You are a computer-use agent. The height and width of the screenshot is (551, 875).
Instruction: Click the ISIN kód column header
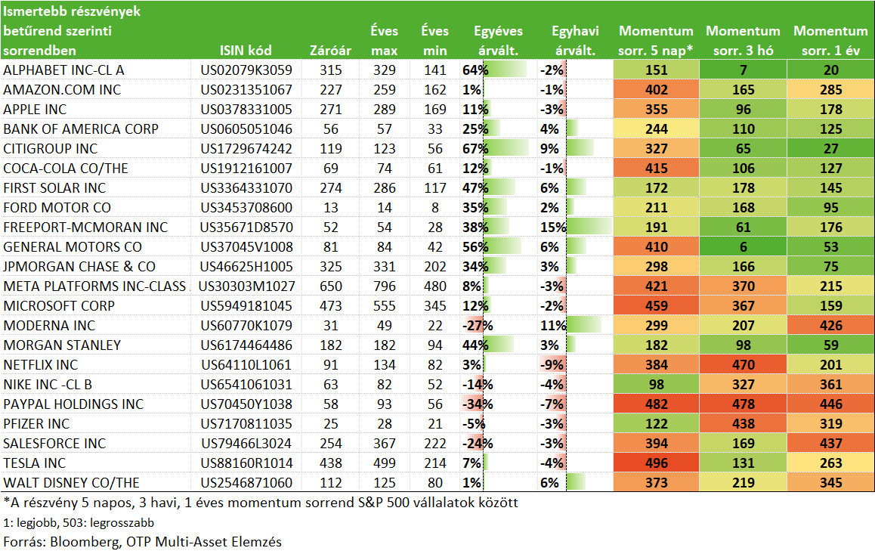click(246, 51)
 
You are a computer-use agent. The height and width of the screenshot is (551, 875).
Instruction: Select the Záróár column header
click(330, 51)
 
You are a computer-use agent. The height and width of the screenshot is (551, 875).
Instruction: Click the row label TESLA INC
click(35, 463)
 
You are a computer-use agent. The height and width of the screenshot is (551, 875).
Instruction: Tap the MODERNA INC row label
click(49, 326)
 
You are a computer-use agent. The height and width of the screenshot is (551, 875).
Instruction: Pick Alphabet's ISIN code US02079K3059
click(246, 70)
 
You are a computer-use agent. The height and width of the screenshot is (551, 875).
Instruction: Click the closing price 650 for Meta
click(331, 286)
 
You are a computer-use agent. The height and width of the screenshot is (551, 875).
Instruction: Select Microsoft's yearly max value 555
click(385, 306)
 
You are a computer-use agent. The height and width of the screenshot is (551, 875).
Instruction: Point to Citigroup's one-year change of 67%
click(475, 149)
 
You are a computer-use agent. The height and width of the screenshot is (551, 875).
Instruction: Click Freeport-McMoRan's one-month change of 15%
click(553, 228)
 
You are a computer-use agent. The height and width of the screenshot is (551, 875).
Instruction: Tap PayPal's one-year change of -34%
click(477, 404)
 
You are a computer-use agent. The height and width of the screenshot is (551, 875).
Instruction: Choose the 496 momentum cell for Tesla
click(656, 463)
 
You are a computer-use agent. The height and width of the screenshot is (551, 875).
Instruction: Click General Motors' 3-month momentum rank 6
click(744, 247)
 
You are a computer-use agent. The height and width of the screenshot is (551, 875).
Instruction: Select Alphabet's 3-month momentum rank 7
click(744, 70)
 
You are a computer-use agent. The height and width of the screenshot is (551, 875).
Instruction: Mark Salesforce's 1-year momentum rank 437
click(831, 444)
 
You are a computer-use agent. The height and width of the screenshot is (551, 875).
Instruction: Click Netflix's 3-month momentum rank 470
click(744, 365)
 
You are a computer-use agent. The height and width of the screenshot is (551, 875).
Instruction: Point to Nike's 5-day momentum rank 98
click(656, 385)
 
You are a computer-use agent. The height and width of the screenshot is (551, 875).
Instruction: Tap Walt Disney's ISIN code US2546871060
click(246, 483)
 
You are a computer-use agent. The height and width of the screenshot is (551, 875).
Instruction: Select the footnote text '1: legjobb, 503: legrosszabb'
click(79, 523)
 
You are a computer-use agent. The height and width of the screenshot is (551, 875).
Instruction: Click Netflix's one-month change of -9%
click(552, 365)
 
